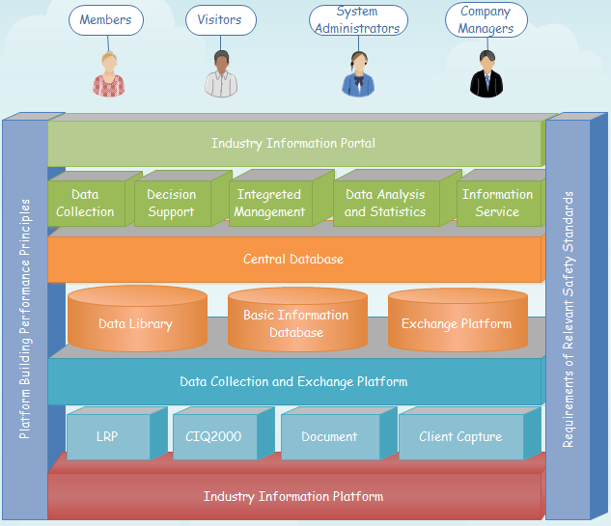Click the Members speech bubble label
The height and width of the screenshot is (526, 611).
coord(105,20)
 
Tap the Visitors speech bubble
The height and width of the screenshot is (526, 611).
coord(220,20)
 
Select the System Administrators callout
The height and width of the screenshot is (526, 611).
coord(356,20)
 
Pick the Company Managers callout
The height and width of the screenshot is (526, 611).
coord(486,20)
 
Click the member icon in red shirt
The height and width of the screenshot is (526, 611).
coord(109,74)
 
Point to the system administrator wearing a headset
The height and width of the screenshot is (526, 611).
coord(357,74)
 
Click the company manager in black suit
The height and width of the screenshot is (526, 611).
coord(486,74)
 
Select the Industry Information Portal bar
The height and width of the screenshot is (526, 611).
coord(293,144)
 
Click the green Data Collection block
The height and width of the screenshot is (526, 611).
coord(85,204)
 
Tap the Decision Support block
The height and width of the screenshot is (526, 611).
coord(172,204)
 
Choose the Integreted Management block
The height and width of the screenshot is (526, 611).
coord(270,204)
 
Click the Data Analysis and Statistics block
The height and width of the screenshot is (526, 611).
coord(385,204)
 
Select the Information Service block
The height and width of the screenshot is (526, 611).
coord(497,204)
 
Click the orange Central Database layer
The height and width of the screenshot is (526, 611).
coord(293,260)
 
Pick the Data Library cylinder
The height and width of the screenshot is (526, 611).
coord(136,323)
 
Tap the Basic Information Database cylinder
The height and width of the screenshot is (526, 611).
coord(296,323)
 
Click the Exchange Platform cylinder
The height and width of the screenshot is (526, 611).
coord(457,323)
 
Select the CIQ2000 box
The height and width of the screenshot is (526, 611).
coord(213,437)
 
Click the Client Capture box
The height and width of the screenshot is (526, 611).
coord(460,437)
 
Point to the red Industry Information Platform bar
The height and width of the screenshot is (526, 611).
coord(293,497)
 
